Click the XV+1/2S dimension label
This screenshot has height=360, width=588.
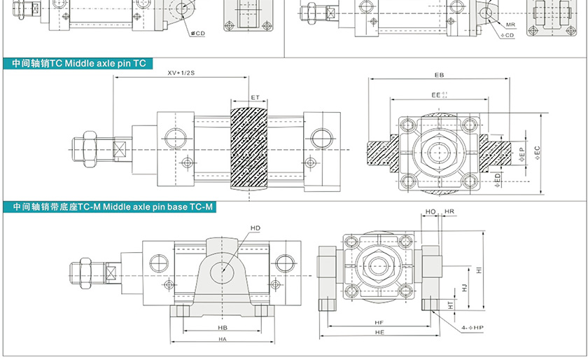180,73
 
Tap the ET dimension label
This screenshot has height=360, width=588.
255,97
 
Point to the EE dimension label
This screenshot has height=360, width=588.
437,93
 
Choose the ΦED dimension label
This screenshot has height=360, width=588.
497,179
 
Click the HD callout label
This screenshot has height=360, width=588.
255,228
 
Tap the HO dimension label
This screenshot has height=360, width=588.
431,211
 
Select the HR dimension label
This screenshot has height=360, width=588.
449,211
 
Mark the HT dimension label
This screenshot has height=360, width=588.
451,305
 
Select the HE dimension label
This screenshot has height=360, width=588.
379,334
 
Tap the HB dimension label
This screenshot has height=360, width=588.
223,328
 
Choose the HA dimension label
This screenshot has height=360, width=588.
223,340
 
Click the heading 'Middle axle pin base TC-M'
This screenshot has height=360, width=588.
157,207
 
